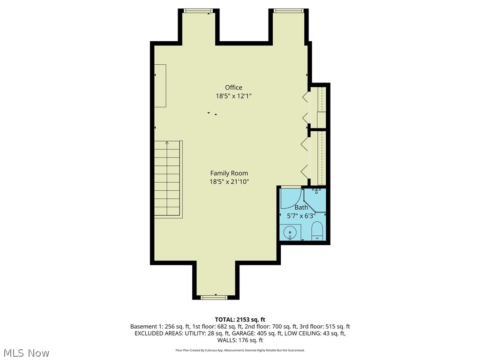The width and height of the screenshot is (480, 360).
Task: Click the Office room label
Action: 233,88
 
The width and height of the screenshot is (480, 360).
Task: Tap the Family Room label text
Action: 229,173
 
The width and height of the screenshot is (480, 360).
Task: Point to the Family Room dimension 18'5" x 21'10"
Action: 229,182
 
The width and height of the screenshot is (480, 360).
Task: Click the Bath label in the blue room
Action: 301,208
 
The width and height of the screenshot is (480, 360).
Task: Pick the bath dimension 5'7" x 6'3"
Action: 301,216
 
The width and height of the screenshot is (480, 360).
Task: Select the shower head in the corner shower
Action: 317,190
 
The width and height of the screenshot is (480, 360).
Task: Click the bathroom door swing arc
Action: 291,199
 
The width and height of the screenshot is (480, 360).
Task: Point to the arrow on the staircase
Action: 167,143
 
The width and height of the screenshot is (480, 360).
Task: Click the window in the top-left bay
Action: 199,11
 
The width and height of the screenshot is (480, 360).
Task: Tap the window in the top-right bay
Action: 288,11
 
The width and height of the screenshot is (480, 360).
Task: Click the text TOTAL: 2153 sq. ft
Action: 240,320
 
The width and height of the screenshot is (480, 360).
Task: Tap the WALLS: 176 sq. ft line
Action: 240,340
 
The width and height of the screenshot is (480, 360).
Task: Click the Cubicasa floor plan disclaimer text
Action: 240,350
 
